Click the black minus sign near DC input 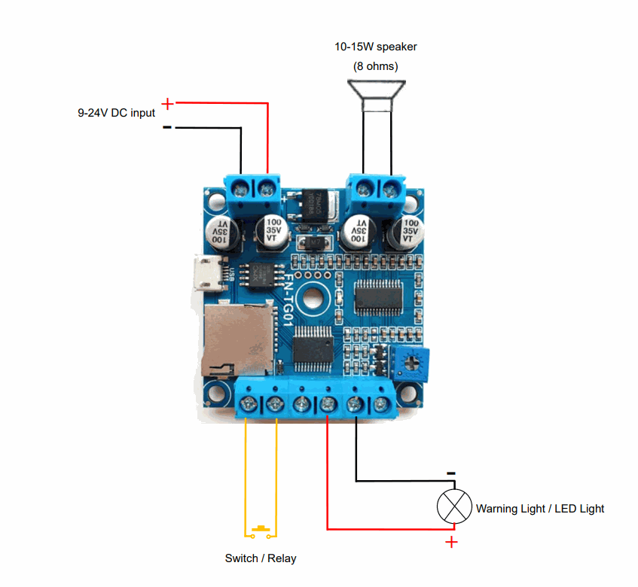point(166,127)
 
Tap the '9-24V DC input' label point(116,113)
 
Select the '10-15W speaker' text point(376,47)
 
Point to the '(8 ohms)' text point(376,66)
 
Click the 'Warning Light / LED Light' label point(540,509)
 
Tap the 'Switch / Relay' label point(261,558)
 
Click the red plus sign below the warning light point(451,543)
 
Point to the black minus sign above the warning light point(450,473)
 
